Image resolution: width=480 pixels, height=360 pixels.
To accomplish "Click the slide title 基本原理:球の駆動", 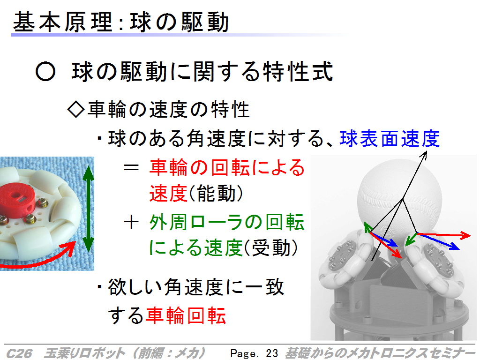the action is click(x=121, y=22).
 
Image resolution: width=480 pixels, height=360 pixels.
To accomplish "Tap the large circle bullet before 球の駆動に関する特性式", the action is click(x=45, y=72).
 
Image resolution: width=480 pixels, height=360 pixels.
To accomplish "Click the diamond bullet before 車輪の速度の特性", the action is click(x=75, y=109).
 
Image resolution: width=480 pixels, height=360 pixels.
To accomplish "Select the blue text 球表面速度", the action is click(x=390, y=139).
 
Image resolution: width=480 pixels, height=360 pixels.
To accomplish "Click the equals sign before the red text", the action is click(x=131, y=167).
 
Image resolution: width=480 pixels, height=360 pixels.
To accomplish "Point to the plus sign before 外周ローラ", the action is click(x=131, y=222).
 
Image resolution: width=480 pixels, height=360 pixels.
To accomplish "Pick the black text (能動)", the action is click(x=216, y=194).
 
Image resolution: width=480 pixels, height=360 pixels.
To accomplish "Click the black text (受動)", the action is click(x=270, y=247).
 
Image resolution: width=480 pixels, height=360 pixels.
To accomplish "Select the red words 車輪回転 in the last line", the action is click(x=186, y=315).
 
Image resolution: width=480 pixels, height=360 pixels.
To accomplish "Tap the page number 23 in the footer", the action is click(x=272, y=353).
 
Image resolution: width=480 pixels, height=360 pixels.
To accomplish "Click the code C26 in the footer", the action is click(x=19, y=353).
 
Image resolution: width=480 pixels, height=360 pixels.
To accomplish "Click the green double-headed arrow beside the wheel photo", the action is click(x=89, y=209).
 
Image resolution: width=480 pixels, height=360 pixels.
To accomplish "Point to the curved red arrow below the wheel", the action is click(x=37, y=257).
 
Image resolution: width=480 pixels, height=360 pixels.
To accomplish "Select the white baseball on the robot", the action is click(x=399, y=199).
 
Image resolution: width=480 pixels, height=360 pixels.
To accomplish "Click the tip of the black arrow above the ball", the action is click(x=426, y=151).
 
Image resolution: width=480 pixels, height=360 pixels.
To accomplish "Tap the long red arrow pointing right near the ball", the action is click(x=443, y=235).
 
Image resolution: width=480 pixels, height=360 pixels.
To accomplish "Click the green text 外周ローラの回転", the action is click(x=227, y=222).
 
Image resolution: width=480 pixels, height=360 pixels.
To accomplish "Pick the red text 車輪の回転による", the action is click(x=227, y=167).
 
